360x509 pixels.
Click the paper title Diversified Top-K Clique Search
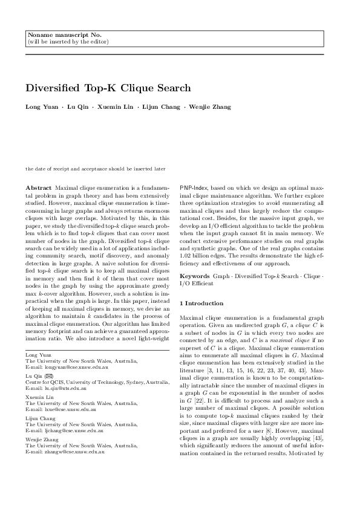pyautogui.click(x=108, y=88)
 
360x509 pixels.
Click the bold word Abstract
pyautogui.click(x=39, y=189)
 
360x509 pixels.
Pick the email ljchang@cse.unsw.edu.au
pyautogui.click(x=63, y=429)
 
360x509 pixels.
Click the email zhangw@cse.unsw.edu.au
pyautogui.click(x=63, y=451)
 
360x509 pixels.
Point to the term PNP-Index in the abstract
pyautogui.click(x=196, y=189)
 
